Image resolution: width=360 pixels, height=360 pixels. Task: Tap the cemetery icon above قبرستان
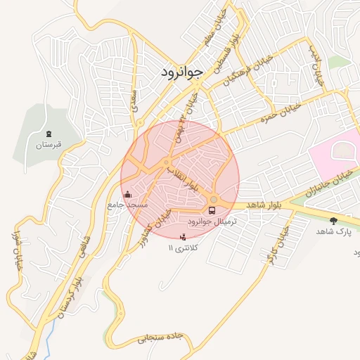click(x=48, y=133)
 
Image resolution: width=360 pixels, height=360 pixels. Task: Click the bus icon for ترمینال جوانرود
click(x=212, y=210)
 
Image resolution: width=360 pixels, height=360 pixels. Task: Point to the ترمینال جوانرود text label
click(x=214, y=221)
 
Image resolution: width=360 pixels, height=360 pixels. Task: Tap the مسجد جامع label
click(x=127, y=205)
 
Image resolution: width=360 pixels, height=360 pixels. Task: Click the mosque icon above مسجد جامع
click(x=127, y=194)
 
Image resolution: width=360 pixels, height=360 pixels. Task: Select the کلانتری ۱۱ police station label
click(x=184, y=248)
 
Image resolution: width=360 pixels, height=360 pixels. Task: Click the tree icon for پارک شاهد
click(x=333, y=220)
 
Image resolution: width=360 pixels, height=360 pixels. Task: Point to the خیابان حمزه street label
click(x=281, y=112)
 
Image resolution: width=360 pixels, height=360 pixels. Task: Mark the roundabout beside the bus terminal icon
click(x=214, y=200)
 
